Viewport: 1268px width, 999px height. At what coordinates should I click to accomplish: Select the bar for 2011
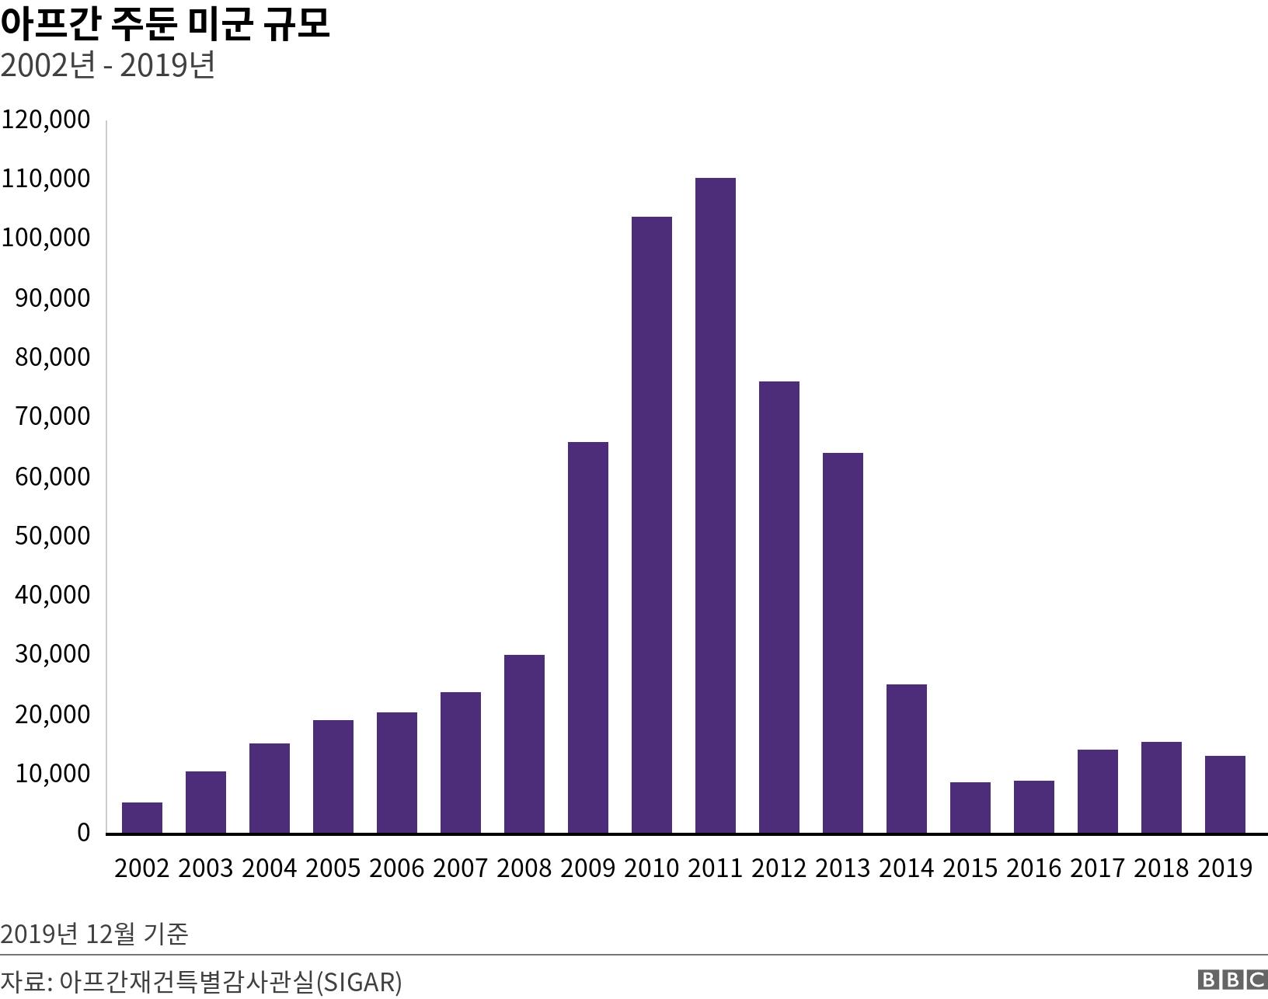715,505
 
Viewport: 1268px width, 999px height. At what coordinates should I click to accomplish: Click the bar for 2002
142,817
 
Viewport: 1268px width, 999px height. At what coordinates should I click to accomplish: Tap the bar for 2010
651,524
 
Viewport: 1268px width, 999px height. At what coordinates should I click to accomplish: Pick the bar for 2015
970,807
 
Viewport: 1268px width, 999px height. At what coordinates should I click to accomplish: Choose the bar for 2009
587,637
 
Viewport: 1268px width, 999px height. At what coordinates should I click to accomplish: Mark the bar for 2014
906,758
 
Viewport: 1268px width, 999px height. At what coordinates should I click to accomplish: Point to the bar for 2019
1224,794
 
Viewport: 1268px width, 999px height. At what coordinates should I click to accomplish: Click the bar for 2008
524,743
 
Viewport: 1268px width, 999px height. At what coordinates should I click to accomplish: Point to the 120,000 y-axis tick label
46,120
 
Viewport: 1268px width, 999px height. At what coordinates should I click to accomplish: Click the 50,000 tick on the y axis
52,536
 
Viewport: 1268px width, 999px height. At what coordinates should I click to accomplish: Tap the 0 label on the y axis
83,833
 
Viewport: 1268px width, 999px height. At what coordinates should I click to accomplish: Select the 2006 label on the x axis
397,868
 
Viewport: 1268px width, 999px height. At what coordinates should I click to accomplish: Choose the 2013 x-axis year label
843,868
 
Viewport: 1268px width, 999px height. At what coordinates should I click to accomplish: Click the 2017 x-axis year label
1098,868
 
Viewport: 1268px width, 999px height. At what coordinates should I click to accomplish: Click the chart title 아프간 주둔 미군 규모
165,23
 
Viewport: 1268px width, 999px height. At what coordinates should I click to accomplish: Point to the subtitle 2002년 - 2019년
108,66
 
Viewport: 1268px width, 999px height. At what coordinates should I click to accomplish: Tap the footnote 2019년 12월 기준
94,933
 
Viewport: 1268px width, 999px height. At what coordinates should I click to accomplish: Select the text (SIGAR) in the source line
360,982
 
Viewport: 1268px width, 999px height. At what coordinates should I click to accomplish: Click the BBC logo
1232,980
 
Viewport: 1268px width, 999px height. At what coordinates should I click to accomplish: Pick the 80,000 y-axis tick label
52,357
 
